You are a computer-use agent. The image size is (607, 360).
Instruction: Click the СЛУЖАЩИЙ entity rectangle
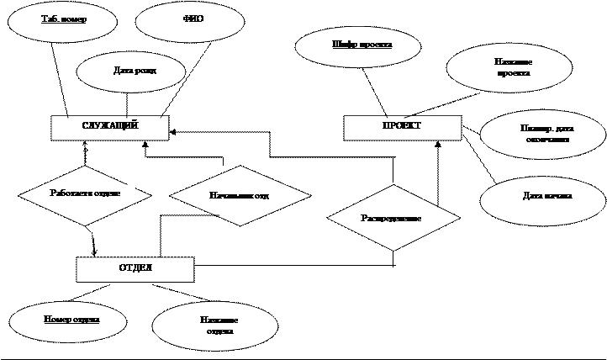pos(110,127)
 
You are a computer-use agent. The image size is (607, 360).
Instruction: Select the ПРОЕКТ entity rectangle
pos(403,127)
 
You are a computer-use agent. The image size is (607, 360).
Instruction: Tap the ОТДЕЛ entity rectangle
pos(135,268)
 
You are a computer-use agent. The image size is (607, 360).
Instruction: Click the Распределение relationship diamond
pos(393,218)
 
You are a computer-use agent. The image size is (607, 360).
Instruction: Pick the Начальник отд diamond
pos(240,195)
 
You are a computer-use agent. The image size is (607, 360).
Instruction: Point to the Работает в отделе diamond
pos(85,194)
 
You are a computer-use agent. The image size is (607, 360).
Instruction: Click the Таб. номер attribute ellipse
pos(63,19)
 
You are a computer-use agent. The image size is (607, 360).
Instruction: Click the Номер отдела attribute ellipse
pos(68,320)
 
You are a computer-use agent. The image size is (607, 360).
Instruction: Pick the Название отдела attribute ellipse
pos(214,326)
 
